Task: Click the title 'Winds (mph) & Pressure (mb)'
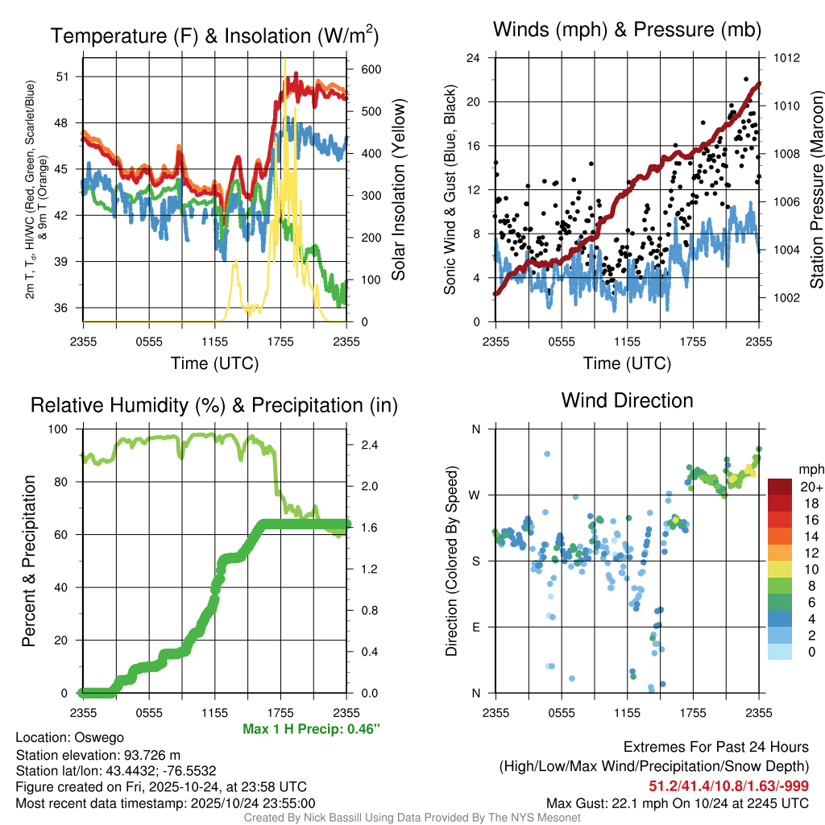[627, 31]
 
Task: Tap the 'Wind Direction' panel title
[627, 400]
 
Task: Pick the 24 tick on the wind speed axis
[474, 58]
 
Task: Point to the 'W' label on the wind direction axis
[475, 495]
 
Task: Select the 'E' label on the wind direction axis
[476, 627]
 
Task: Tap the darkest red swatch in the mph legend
[779, 487]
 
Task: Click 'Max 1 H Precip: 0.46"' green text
[311, 729]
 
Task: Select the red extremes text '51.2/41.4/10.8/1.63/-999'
[729, 786]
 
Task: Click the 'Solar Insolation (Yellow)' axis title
[398, 189]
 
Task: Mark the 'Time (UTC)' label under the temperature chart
[214, 363]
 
